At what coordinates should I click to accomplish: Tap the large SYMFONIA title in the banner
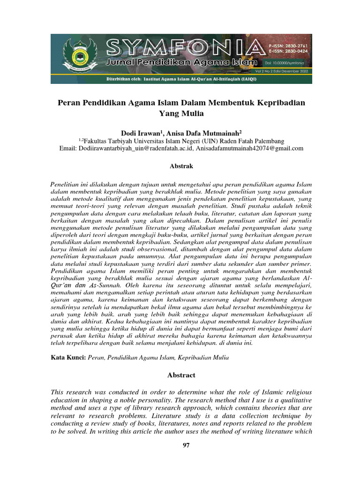tap(183, 47)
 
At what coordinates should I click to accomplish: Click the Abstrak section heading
tap(180, 165)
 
